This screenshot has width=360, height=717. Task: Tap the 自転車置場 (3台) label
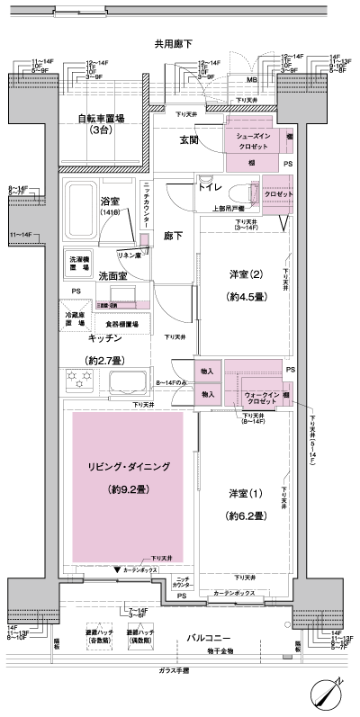(100, 124)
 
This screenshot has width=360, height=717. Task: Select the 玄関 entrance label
(189, 139)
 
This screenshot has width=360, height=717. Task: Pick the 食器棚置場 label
(121, 323)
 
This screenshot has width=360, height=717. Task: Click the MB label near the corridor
(251, 80)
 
